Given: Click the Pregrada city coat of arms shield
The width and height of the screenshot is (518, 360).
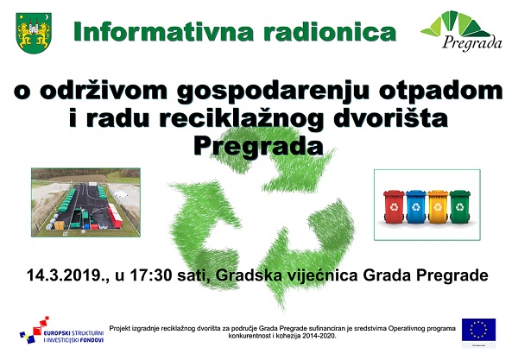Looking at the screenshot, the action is [x=34, y=33].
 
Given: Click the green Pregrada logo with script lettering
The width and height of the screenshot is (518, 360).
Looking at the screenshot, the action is [x=462, y=31].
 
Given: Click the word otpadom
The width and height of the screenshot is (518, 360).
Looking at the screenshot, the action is [x=440, y=92].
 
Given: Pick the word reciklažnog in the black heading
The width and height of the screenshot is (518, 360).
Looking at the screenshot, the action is [x=241, y=119].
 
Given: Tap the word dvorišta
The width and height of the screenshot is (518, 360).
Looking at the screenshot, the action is [x=390, y=118].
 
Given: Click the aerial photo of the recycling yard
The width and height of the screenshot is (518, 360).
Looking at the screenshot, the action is [x=85, y=202].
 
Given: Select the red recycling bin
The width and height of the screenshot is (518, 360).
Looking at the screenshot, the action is [x=394, y=206].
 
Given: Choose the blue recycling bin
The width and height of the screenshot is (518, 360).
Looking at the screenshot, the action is [x=415, y=206].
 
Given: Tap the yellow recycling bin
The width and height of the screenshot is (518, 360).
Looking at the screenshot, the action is [x=438, y=206].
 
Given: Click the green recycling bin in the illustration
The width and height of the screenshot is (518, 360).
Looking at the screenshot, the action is [x=460, y=206].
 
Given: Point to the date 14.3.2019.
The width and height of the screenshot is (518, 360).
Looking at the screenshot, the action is [x=65, y=275].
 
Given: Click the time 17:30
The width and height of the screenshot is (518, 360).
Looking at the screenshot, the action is [x=151, y=275].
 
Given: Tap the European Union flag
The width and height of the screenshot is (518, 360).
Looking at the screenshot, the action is [x=478, y=330].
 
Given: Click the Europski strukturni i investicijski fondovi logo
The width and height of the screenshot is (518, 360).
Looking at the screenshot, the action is [x=62, y=331].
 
